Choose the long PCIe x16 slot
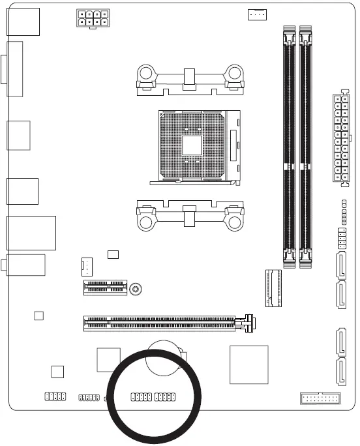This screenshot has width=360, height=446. [160, 321]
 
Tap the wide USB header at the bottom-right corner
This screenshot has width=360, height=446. [320, 398]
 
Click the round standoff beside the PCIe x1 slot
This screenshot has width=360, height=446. [135, 288]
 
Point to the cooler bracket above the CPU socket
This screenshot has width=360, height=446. [189, 80]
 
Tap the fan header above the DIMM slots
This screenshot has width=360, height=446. [257, 14]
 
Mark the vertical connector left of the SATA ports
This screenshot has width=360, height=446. [272, 288]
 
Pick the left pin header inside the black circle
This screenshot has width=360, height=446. [141, 396]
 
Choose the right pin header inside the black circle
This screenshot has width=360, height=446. [165, 396]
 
